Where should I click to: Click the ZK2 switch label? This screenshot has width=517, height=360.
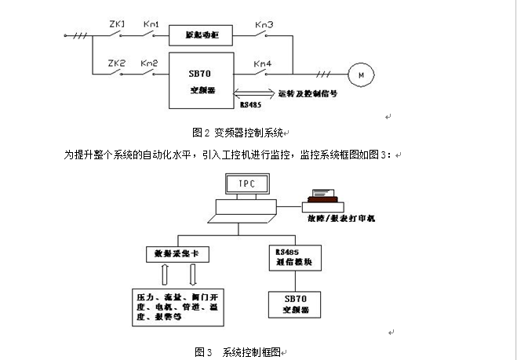(x=117, y=62)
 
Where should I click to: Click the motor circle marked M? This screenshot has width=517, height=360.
(x=362, y=75)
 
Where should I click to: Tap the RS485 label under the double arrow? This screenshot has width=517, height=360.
(x=251, y=102)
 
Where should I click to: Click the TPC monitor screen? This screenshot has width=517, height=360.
(x=247, y=187)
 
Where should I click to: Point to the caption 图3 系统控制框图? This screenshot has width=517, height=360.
(x=237, y=351)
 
